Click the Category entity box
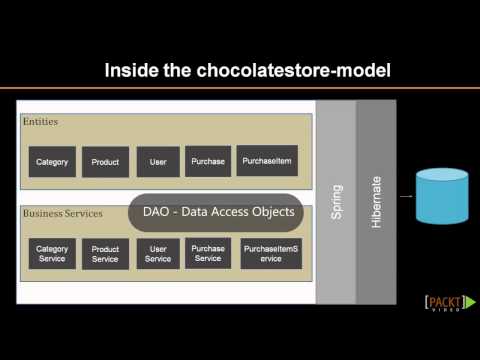[52, 162]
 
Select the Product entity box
[105, 162]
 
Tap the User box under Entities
[158, 162]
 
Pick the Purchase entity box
[208, 161]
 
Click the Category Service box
[52, 255]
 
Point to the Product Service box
[105, 255]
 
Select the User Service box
[158, 255]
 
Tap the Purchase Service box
[208, 253]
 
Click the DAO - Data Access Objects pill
[216, 212]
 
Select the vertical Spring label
[335, 204]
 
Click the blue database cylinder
[442, 197]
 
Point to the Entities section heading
[40, 122]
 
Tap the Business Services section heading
[63, 214]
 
